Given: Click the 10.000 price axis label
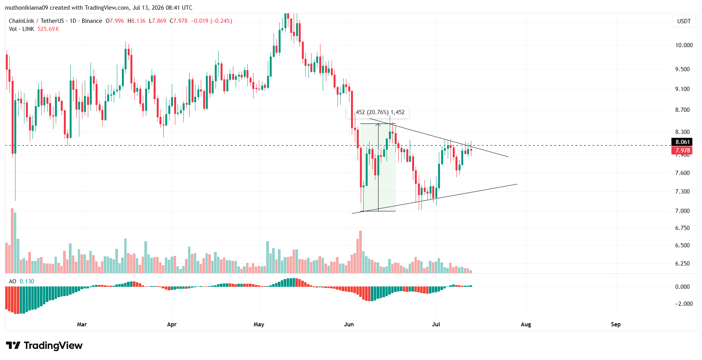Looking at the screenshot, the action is tap(684, 45).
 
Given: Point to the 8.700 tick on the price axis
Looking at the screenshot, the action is tap(682, 110).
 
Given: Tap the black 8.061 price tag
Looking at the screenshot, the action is tap(682, 142).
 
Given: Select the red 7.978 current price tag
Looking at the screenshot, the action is tap(682, 151).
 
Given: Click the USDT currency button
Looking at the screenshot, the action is tap(684, 21).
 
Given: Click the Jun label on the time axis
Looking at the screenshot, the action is tap(349, 324).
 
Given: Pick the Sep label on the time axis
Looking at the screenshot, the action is tap(616, 324).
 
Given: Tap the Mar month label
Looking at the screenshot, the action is tap(82, 324).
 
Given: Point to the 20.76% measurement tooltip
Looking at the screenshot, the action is tap(378, 112).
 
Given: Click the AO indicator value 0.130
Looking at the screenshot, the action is tap(27, 281).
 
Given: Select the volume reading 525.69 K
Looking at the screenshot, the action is tap(48, 29).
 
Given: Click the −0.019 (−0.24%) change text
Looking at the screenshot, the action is tap(212, 21).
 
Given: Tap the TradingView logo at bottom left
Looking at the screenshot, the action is tap(44, 345).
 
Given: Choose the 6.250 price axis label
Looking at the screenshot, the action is tap(682, 264).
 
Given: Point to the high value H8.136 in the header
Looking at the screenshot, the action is tap(137, 21).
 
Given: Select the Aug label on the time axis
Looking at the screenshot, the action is tap(526, 324).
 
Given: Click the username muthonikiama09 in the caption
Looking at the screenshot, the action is tap(26, 8).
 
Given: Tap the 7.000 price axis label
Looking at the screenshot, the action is tap(682, 211).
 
